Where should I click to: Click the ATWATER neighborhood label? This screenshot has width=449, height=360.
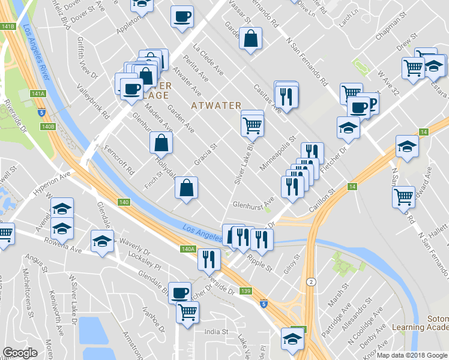(x=216, y=106)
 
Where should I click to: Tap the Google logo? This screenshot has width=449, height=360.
(x=20, y=353)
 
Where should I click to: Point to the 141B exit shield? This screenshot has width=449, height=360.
(x=7, y=27)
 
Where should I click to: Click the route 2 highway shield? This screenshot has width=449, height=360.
(x=309, y=282)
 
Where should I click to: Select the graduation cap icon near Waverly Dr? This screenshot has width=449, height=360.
(x=102, y=241)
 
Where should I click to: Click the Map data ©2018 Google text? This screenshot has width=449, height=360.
(x=411, y=355)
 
